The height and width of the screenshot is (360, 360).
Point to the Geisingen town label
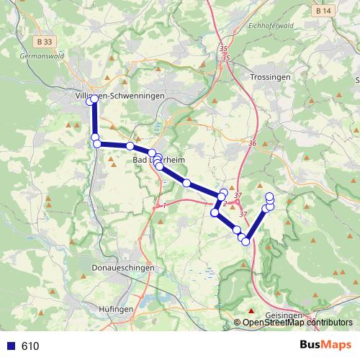[284, 315]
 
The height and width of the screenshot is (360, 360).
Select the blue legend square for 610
[10, 346]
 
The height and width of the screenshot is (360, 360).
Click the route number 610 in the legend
[30, 346]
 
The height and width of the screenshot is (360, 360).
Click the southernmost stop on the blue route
[246, 241]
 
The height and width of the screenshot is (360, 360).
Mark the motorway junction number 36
[252, 144]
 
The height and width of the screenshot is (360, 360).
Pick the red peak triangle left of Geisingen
[251, 310]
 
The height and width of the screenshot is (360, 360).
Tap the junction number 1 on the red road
[165, 206]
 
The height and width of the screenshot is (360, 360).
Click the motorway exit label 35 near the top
[224, 48]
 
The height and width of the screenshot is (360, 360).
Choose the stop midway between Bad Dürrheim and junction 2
[186, 183]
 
